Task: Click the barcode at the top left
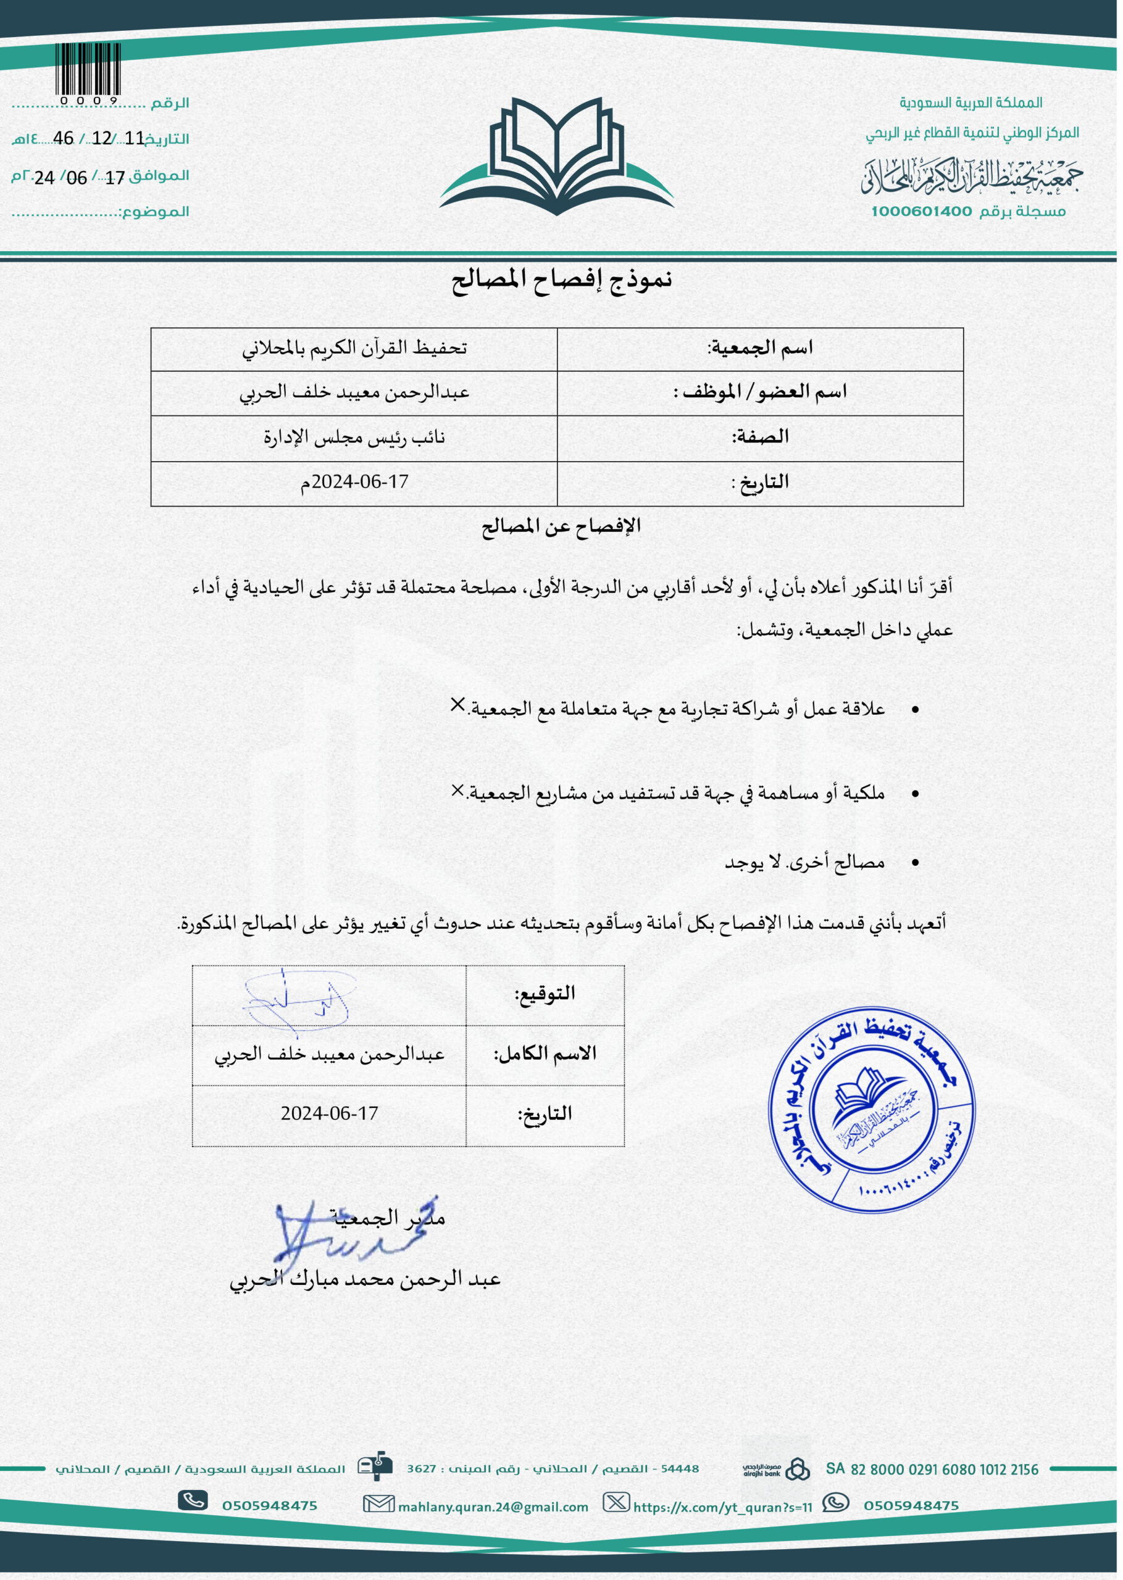point(87,69)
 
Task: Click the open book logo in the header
point(557,156)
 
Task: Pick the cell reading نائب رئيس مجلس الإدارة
point(354,438)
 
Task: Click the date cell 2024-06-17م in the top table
point(354,482)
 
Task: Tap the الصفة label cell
point(760,437)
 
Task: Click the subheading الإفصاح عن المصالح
point(562,526)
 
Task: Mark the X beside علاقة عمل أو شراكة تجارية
point(457,704)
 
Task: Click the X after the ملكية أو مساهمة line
point(457,790)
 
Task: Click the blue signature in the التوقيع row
point(299,999)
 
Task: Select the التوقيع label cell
point(545,994)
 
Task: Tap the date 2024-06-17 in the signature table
point(329,1113)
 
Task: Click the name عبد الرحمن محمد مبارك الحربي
point(365,1279)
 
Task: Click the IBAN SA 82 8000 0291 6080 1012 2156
point(932,1470)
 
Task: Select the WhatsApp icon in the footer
point(835,1503)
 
